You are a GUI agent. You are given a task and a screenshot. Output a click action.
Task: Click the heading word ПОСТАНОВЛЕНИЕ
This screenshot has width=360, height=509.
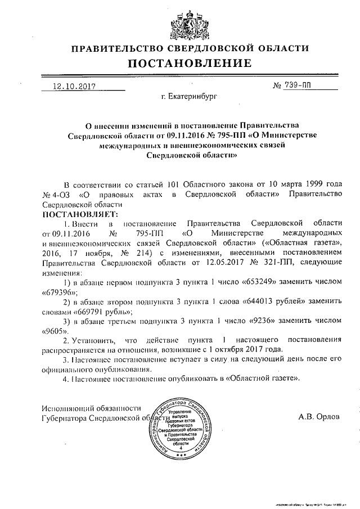click(179, 64)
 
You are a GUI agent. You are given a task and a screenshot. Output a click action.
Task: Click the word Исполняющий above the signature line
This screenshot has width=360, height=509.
click(67, 408)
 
